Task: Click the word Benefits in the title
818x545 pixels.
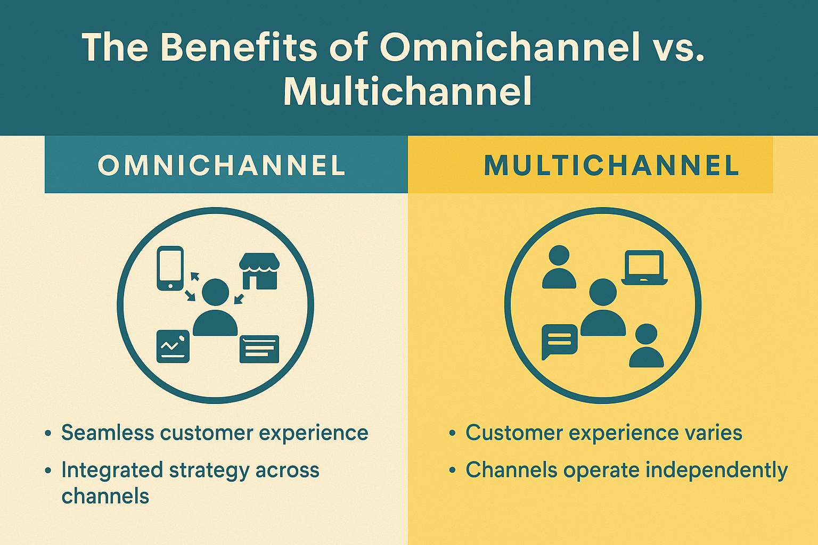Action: [238, 47]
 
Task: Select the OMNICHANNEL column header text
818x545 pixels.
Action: [222, 166]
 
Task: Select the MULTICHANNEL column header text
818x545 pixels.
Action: [612, 166]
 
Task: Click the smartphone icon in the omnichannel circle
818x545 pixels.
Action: [170, 268]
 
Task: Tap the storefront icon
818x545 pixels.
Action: [259, 271]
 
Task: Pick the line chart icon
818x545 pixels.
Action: [173, 346]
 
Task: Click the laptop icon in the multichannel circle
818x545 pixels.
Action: [644, 268]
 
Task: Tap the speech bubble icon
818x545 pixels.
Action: [560, 342]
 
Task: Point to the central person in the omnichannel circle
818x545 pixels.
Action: [216, 308]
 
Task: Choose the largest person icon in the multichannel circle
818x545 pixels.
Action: [603, 308]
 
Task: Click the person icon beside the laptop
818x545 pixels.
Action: [559, 267]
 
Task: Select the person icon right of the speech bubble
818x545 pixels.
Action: [647, 345]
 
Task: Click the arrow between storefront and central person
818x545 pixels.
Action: [239, 299]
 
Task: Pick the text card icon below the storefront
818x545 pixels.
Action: [259, 349]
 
